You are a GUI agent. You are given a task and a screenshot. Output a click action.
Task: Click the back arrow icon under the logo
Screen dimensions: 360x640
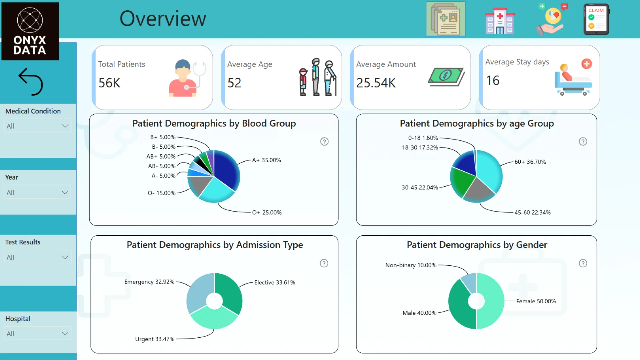31,82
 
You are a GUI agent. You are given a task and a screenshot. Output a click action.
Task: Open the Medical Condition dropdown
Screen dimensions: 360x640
37,126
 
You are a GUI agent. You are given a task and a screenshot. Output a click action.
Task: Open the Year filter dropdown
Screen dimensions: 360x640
37,192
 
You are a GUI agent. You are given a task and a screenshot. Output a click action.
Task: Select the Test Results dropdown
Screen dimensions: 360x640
37,257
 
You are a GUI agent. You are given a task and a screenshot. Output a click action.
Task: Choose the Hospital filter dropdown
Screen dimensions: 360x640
37,334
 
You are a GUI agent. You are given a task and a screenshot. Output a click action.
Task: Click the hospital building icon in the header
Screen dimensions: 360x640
500,21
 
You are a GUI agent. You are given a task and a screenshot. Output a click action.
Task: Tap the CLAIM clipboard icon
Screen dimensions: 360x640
596,19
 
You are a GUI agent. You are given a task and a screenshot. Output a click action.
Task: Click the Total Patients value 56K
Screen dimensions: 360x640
109,83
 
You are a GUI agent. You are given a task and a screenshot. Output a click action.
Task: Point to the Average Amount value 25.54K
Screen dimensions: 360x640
376,83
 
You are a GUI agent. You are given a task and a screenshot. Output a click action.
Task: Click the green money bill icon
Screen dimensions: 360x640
446,76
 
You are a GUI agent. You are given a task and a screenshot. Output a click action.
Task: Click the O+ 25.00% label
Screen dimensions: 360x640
267,213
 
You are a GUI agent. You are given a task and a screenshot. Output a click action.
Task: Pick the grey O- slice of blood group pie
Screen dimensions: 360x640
198,185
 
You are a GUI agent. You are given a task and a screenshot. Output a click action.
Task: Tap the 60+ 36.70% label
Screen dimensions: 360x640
530,162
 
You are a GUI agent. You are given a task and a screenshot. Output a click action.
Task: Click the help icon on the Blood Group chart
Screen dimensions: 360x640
324,142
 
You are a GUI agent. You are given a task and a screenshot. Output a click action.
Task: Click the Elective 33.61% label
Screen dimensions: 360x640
275,283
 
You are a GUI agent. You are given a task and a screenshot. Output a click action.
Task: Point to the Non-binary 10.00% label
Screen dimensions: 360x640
411,265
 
